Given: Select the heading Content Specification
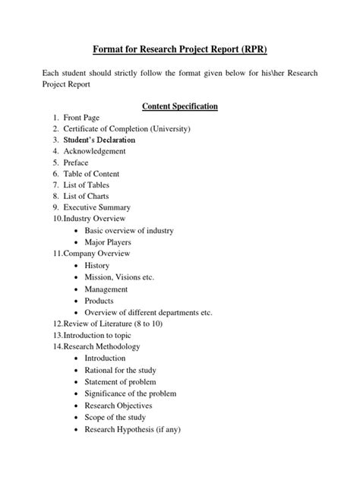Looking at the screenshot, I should pos(179,106).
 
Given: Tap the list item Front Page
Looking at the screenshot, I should pos(87,118).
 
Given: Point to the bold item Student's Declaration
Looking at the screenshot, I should pos(100,141).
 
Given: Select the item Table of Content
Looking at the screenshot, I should pos(97,174).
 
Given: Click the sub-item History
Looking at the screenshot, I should pos(97,266).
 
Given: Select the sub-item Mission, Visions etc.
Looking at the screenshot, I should pos(119,277).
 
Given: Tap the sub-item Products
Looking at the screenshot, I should pos(99,301).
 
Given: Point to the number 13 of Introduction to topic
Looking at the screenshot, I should pos(57,335).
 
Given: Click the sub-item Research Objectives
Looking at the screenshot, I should pos(118,406).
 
